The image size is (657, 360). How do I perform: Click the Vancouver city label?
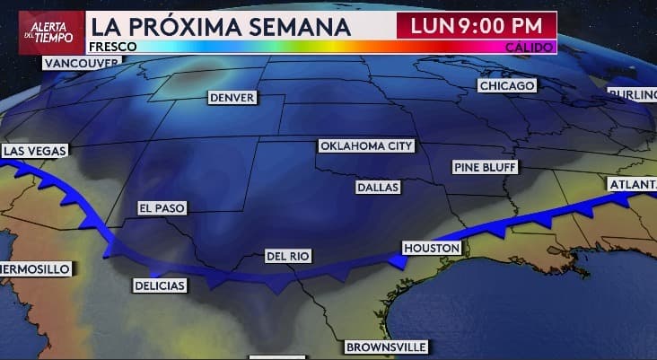click(81, 63)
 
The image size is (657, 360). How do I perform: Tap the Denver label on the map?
click(232, 97)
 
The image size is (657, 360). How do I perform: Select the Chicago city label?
click(507, 85)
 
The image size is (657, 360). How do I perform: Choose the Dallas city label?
click(378, 188)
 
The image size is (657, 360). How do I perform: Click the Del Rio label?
click(288, 257)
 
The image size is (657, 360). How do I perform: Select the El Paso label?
click(162, 208)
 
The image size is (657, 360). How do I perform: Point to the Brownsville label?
click(387, 347)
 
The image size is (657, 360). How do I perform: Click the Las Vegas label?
click(33, 151)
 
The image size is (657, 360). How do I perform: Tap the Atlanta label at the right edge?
click(632, 184)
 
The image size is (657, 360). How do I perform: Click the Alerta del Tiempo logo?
click(43, 26)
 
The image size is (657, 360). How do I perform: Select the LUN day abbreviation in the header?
click(430, 25)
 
